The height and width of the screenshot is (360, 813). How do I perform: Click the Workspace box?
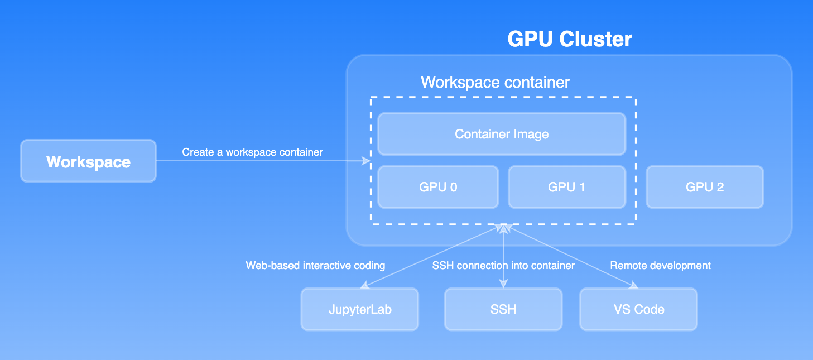(88, 161)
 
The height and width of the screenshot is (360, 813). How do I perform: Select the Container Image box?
(502, 134)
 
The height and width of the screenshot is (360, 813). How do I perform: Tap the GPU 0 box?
(438, 187)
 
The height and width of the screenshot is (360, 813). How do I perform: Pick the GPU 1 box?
(566, 187)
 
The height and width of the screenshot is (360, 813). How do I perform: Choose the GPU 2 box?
(705, 187)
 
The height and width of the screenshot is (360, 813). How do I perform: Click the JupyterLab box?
(360, 309)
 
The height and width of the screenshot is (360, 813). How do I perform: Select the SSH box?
(503, 309)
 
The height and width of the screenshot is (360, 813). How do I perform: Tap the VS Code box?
(638, 309)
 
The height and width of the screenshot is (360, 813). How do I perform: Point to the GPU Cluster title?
(569, 39)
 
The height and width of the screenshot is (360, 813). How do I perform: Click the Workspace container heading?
(495, 83)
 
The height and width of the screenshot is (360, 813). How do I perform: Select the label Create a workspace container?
(252, 152)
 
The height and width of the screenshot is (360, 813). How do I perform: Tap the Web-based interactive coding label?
(315, 265)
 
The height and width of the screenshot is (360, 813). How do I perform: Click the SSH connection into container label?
(503, 265)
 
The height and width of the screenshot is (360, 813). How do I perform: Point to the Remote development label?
(660, 265)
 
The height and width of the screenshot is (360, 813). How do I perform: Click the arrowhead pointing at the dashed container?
(367, 161)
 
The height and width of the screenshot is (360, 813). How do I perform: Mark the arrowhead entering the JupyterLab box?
(364, 285)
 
